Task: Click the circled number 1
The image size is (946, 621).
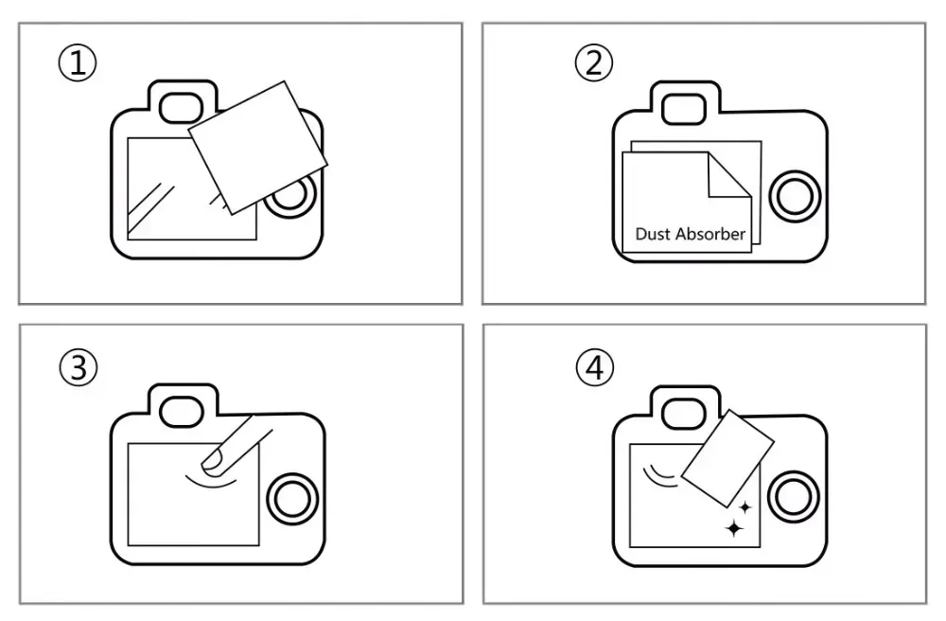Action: [x=78, y=62]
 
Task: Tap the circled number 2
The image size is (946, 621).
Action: [x=594, y=62]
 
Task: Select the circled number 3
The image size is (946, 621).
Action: [x=79, y=367]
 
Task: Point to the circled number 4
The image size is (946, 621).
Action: [x=595, y=367]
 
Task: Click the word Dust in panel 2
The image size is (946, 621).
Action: [x=653, y=234]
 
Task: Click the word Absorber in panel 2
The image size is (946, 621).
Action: [x=710, y=234]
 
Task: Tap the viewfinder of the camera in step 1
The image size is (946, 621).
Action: [x=181, y=108]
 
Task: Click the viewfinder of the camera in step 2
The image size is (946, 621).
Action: [x=684, y=109]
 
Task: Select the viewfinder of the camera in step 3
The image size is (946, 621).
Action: [x=181, y=412]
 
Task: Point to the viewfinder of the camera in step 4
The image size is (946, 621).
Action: [x=684, y=414]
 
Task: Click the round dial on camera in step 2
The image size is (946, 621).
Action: [x=795, y=196]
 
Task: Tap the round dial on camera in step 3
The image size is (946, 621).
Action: [x=292, y=499]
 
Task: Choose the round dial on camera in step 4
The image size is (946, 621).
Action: [x=794, y=498]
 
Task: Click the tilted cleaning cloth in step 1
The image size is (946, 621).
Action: [x=257, y=148]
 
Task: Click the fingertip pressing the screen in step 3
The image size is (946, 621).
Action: [x=213, y=459]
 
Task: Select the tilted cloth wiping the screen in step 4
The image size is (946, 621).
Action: [x=727, y=459]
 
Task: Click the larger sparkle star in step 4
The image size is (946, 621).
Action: [x=734, y=528]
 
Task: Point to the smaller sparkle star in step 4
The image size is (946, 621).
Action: [x=745, y=507]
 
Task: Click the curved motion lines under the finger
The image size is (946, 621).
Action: [x=211, y=480]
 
